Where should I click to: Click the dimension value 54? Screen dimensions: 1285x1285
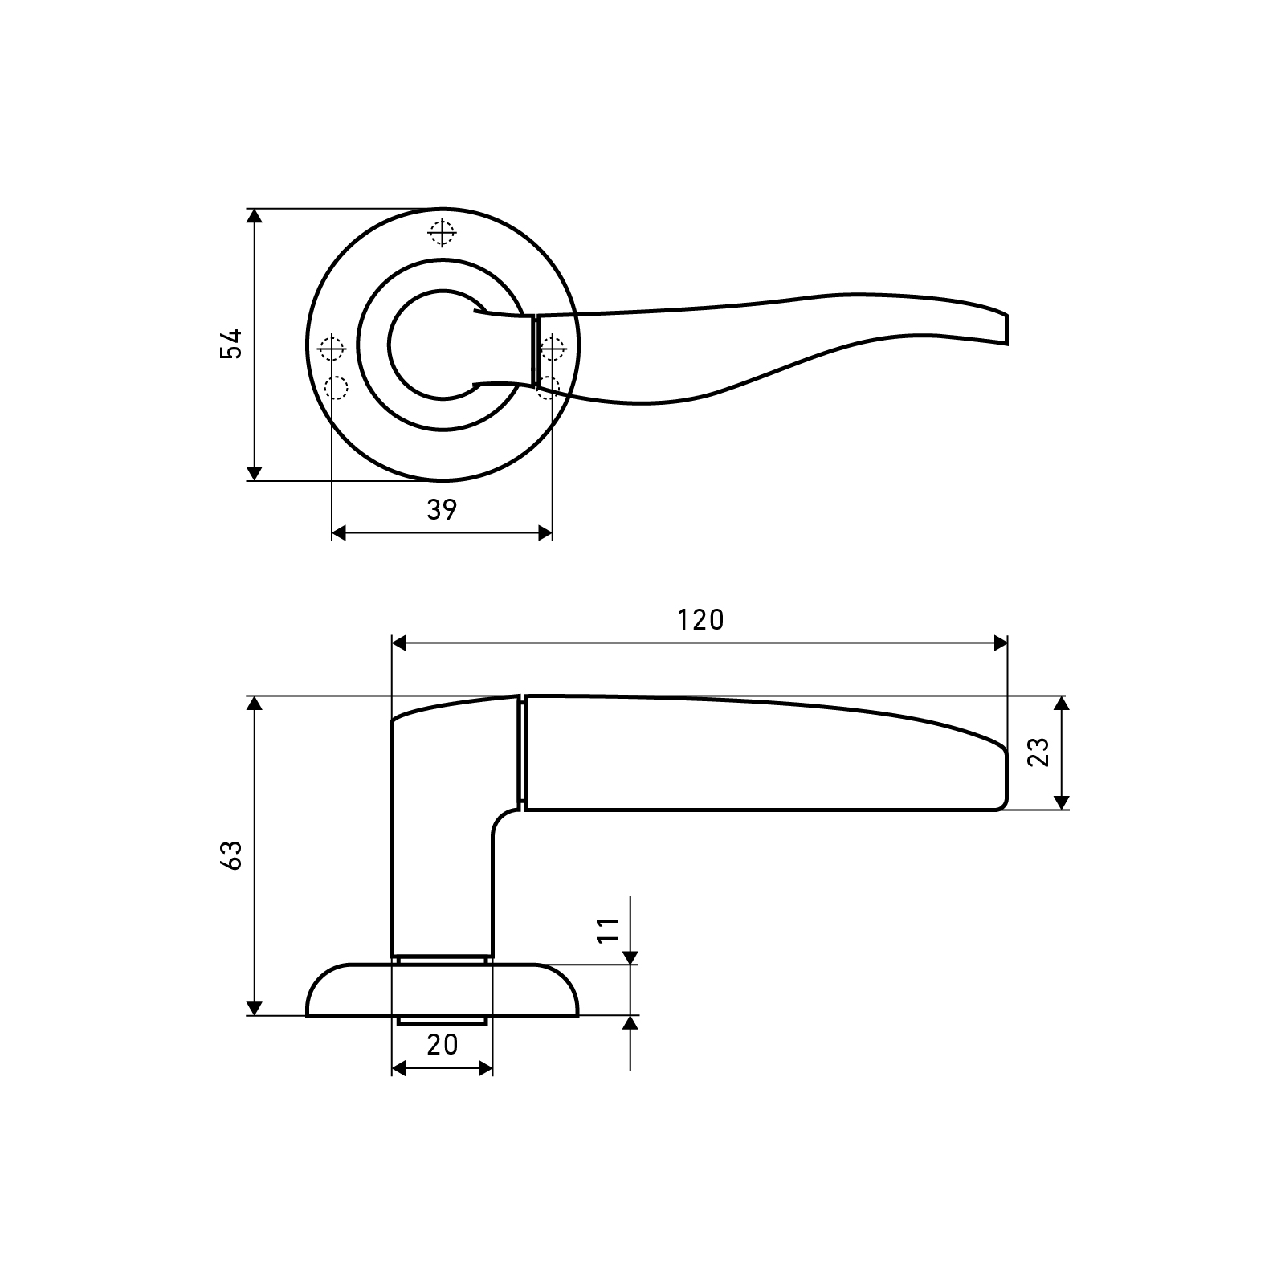(x=231, y=344)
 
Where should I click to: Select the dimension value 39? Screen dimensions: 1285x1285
(x=442, y=509)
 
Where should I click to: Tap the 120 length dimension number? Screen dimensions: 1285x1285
(x=700, y=620)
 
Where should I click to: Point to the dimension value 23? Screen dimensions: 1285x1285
(x=1039, y=752)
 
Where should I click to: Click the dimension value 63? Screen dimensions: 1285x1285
(x=231, y=855)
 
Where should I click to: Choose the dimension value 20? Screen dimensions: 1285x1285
(x=442, y=1044)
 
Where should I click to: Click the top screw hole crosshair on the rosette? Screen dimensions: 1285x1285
(x=442, y=233)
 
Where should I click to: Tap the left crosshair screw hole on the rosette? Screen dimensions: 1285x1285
(x=332, y=349)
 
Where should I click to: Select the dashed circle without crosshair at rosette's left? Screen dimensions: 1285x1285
(x=337, y=388)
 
